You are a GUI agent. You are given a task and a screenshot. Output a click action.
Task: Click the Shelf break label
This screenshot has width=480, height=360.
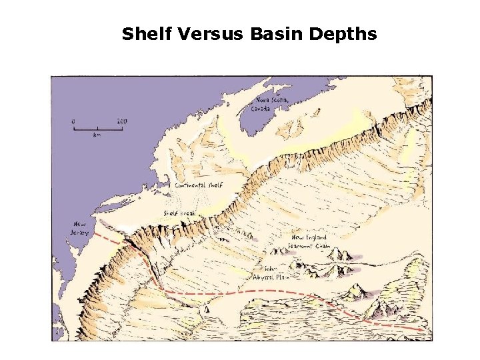click(179, 213)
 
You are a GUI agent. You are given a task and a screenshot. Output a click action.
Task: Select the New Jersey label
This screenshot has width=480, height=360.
click(79, 229)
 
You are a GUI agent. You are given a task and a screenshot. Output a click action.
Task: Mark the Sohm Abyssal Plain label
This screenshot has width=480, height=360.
click(273, 273)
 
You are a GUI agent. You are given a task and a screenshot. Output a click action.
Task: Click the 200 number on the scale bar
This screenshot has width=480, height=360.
click(121, 121)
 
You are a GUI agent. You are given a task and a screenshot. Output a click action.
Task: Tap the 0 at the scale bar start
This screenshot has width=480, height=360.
click(74, 121)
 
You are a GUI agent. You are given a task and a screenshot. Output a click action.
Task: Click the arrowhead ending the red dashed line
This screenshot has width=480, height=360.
click(422, 329)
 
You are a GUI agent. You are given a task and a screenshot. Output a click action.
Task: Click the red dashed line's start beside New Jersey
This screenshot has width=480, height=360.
click(95, 235)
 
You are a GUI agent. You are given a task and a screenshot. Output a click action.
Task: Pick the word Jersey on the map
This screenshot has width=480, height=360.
click(79, 233)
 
